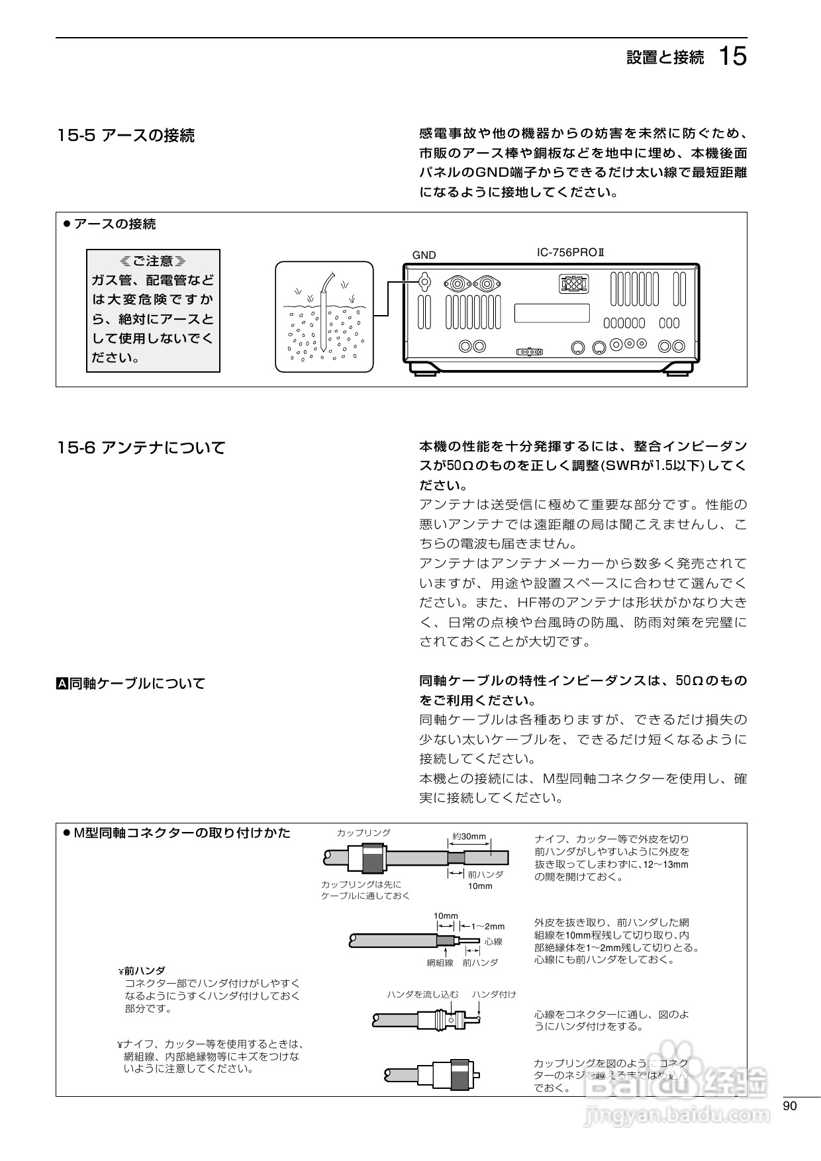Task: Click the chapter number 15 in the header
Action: click(732, 57)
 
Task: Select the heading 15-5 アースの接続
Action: click(126, 136)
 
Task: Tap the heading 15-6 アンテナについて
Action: click(141, 448)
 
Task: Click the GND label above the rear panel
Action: click(424, 255)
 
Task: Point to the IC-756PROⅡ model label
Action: click(571, 253)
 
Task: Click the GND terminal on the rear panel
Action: click(424, 283)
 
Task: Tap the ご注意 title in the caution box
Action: click(153, 261)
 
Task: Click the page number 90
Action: click(789, 1106)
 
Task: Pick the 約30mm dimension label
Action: click(469, 837)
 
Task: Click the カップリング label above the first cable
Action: click(363, 833)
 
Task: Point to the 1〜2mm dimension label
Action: click(487, 927)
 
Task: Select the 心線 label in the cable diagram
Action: click(493, 941)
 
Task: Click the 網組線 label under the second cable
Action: click(440, 962)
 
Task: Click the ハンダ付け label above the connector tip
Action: click(494, 994)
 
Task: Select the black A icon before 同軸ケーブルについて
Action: click(62, 683)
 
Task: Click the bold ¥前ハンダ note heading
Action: click(142, 970)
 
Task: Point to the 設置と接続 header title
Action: click(665, 58)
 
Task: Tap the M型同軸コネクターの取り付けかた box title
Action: click(181, 833)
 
